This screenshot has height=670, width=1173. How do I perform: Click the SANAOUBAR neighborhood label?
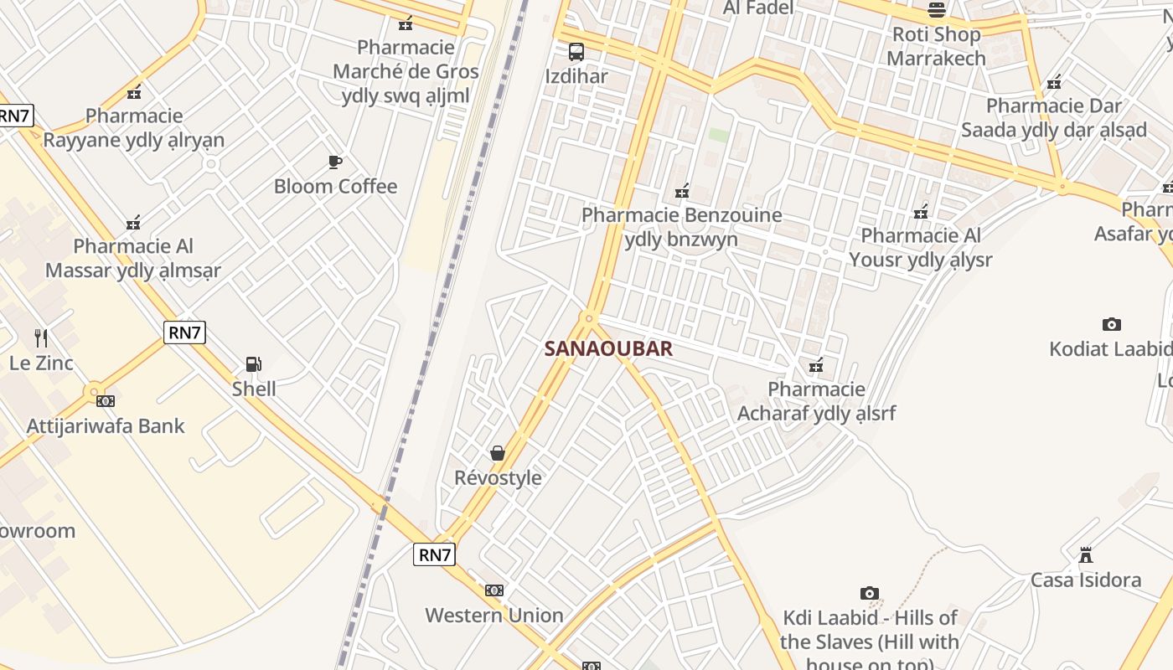tap(608, 348)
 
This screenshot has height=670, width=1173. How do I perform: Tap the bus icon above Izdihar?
tap(576, 52)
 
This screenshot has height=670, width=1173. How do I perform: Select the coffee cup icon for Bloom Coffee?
tap(335, 162)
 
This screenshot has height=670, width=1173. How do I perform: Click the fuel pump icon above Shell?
tap(253, 364)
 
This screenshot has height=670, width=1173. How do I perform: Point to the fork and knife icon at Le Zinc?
tap(41, 338)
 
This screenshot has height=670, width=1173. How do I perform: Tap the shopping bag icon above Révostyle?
tap(498, 453)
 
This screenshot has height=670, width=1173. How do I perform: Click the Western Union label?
tap(493, 616)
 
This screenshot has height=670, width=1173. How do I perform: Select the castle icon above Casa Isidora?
tap(1086, 554)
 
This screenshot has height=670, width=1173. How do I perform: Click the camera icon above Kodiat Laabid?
tap(1111, 324)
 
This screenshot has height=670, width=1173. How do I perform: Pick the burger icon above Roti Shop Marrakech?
tap(936, 10)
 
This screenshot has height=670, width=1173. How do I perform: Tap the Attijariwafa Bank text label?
tap(106, 425)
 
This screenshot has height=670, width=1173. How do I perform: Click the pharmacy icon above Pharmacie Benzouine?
tap(682, 191)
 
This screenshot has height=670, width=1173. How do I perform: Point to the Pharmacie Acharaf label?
tap(816, 401)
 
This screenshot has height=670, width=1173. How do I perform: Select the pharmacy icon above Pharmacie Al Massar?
tap(133, 223)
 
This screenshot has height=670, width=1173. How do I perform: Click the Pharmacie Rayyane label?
tap(134, 127)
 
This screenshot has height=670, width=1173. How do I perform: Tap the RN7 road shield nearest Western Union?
tap(434, 554)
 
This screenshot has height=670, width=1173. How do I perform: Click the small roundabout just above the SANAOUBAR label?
tap(589, 318)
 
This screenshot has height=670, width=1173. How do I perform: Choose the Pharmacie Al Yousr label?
tap(920, 247)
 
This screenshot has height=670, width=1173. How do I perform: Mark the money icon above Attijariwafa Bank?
tap(106, 401)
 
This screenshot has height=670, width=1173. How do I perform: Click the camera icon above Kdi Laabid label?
tap(870, 593)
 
